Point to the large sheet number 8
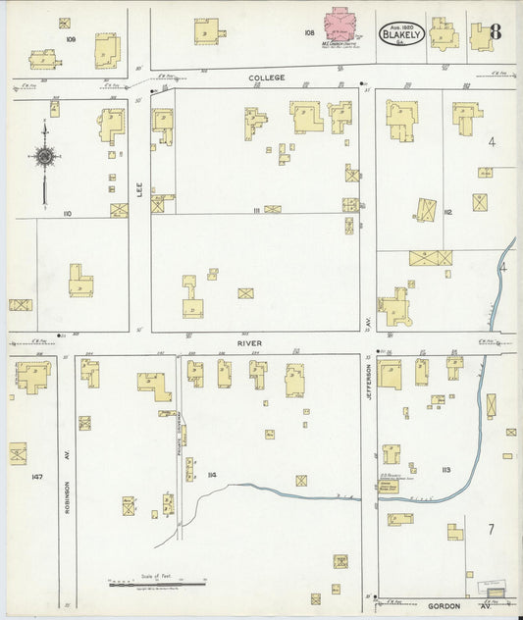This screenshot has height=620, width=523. point(495,30)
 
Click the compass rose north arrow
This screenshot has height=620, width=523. point(44,156)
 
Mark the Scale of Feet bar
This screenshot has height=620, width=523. point(157,584)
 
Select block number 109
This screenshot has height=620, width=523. point(70,39)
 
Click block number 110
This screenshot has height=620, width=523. point(68,213)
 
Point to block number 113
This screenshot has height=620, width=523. point(446,471)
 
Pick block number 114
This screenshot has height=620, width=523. point(211,477)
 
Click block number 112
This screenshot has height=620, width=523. point(447,212)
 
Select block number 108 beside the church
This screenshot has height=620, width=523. point(309,32)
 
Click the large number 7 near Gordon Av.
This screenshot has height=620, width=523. point(489,529)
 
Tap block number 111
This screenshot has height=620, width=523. point(257,210)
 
